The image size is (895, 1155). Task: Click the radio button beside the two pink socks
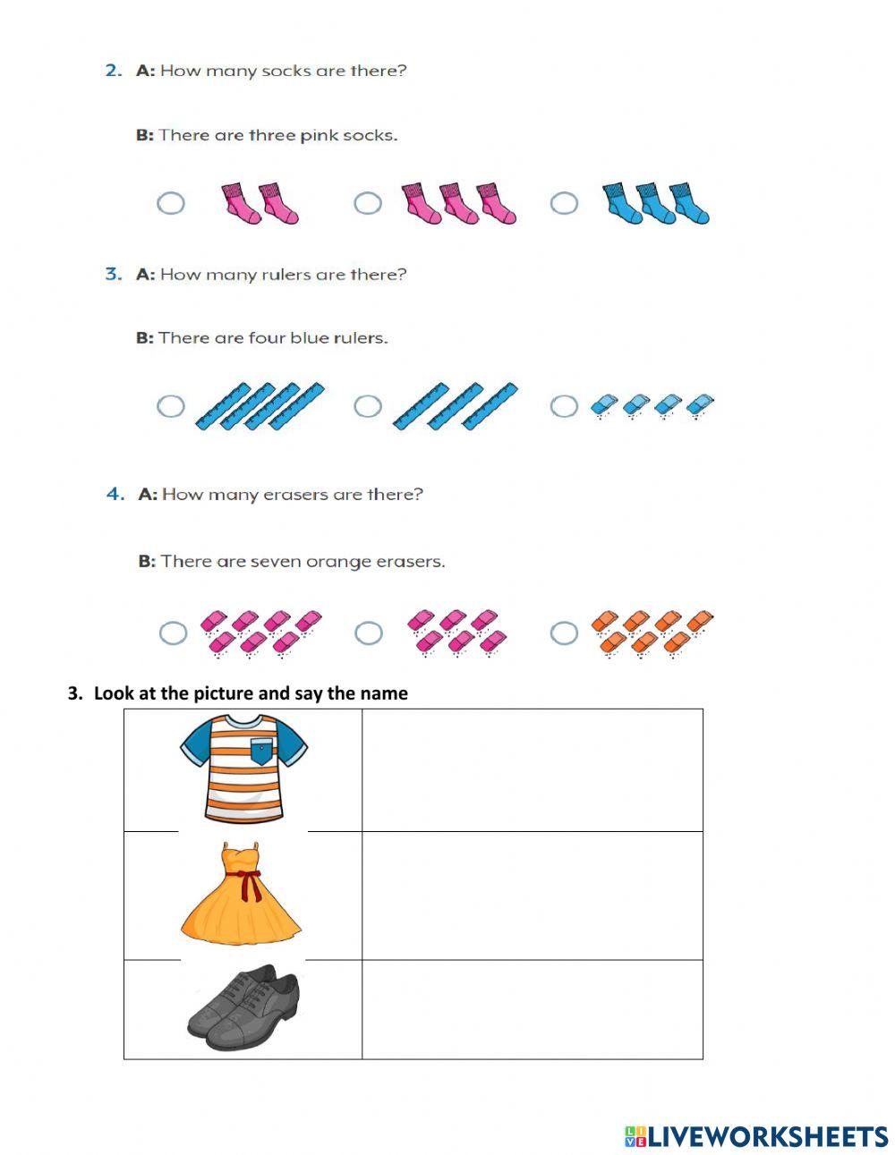[x=171, y=203]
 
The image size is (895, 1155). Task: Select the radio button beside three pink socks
[x=367, y=203]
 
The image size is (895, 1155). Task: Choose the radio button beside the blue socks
[x=563, y=203]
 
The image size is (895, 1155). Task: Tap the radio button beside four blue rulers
[x=171, y=406]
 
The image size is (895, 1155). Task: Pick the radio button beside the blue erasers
[x=563, y=406]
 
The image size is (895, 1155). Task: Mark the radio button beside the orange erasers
[x=563, y=633]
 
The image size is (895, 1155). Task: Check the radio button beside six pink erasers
[x=368, y=633]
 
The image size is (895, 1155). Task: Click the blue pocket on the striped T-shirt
[x=260, y=752]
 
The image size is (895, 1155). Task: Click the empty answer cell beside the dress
[x=532, y=896]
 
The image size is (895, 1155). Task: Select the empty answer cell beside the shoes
[x=532, y=1009]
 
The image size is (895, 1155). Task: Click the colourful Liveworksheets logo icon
[x=635, y=1136]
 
